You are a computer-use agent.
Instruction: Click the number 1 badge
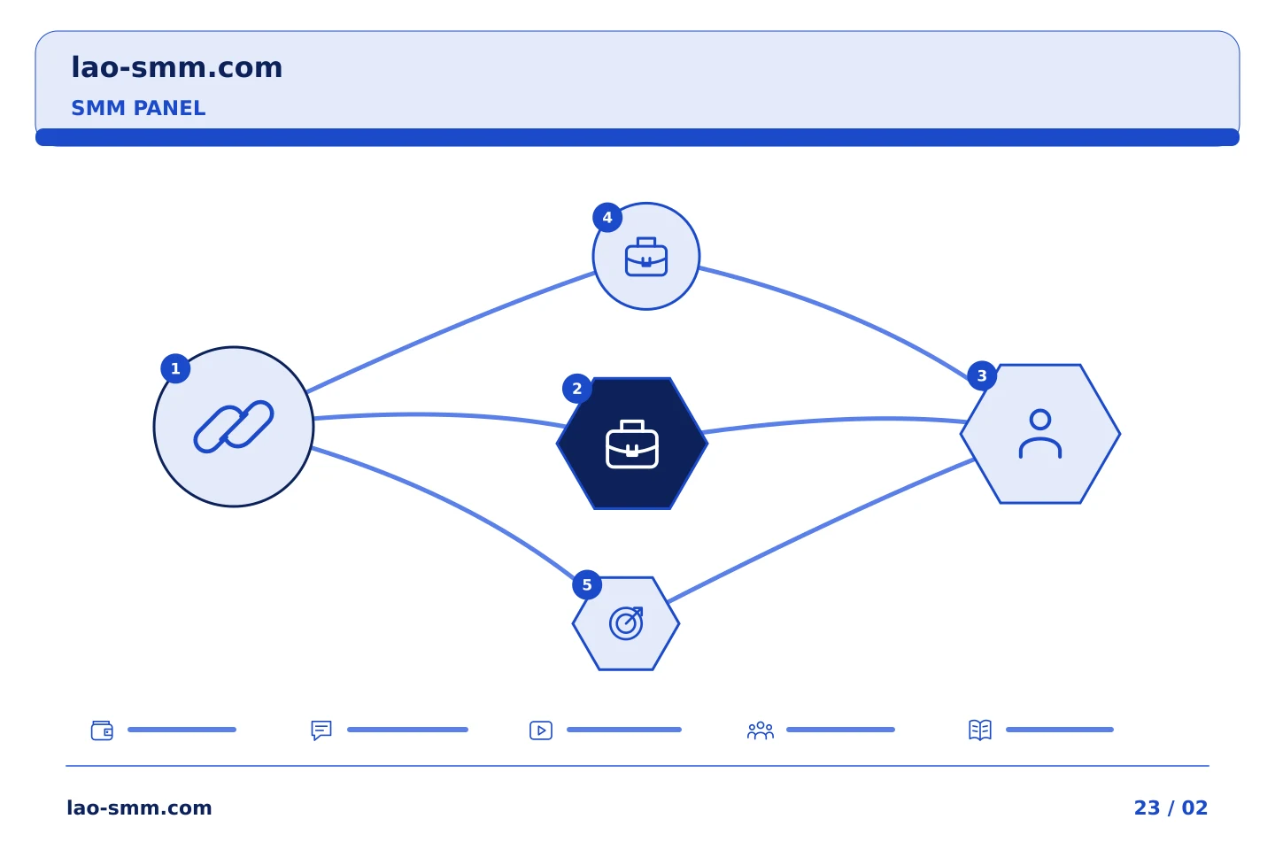click(x=175, y=368)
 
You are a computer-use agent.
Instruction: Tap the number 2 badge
click(x=576, y=389)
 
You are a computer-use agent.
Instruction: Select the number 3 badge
click(x=982, y=375)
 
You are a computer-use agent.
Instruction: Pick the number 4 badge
click(x=607, y=217)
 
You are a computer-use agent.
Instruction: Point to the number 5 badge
click(x=587, y=584)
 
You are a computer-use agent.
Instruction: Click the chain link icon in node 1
click(x=234, y=427)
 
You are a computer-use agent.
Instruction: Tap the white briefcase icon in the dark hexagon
click(x=632, y=444)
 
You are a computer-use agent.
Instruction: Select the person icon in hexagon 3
click(x=1039, y=433)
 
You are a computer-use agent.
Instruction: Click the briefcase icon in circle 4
click(x=646, y=257)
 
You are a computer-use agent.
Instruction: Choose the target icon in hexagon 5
click(x=625, y=622)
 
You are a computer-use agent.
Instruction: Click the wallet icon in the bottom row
click(x=102, y=730)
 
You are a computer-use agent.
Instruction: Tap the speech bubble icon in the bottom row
click(x=321, y=730)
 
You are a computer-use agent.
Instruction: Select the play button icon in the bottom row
click(x=541, y=730)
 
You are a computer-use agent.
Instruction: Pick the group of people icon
click(x=761, y=730)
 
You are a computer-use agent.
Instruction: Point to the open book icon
click(x=980, y=730)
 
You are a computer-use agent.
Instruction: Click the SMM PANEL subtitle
click(x=138, y=108)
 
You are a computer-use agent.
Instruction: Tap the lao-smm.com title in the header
click(x=176, y=67)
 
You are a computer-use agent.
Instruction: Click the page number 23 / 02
click(x=1171, y=807)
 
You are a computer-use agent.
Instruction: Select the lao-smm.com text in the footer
click(x=139, y=807)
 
